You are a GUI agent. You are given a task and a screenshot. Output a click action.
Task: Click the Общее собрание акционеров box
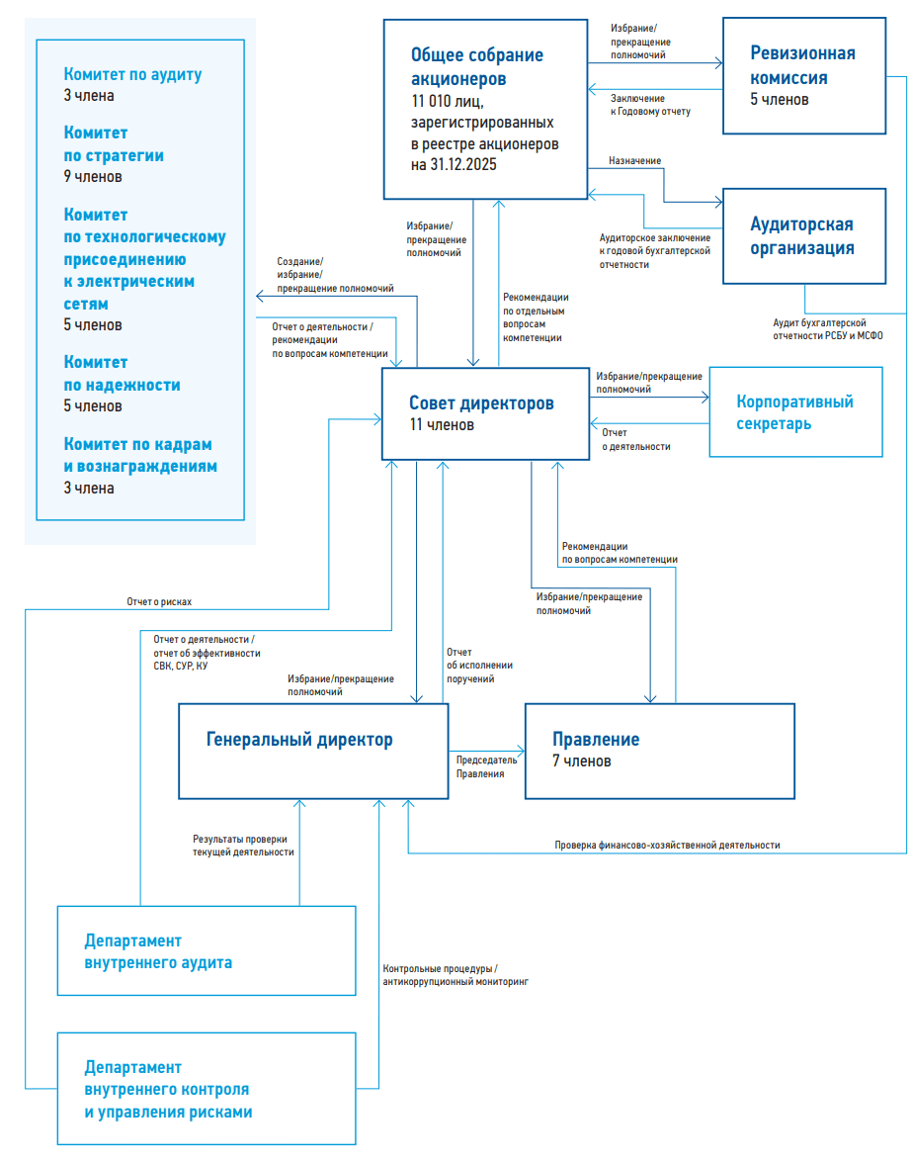(x=486, y=109)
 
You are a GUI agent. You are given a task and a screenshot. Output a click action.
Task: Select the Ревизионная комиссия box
(x=804, y=76)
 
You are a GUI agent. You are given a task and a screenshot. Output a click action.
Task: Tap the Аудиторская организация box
(x=804, y=236)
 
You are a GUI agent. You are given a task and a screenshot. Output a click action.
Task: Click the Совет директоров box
(x=486, y=413)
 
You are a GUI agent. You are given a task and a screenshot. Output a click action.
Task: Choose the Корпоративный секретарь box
(x=795, y=412)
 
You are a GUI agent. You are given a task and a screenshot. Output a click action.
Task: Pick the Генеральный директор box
(x=313, y=752)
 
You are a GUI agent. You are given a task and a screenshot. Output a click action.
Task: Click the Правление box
(x=660, y=752)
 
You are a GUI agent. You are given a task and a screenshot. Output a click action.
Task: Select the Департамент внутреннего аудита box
(x=207, y=951)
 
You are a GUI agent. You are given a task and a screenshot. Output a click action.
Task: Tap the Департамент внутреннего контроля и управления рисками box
(x=207, y=1089)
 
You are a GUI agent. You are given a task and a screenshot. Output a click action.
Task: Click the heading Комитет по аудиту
(x=132, y=74)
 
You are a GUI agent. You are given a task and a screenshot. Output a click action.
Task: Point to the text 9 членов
(x=93, y=177)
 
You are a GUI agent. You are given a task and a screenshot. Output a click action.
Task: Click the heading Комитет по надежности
(x=122, y=374)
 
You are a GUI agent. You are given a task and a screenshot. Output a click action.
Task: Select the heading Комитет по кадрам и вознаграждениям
(x=140, y=455)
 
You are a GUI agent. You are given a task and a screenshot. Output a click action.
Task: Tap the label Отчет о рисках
(x=159, y=602)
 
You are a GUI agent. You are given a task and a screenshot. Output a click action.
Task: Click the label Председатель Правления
(x=486, y=766)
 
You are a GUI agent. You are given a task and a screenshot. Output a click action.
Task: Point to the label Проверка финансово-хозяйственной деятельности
(x=667, y=845)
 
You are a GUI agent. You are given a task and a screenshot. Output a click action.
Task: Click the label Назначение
(x=634, y=160)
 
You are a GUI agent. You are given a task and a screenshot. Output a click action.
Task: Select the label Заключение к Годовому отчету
(x=650, y=105)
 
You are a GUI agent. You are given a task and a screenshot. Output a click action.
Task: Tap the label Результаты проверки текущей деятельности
(x=243, y=846)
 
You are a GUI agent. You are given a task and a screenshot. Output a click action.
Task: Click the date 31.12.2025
(x=463, y=165)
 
